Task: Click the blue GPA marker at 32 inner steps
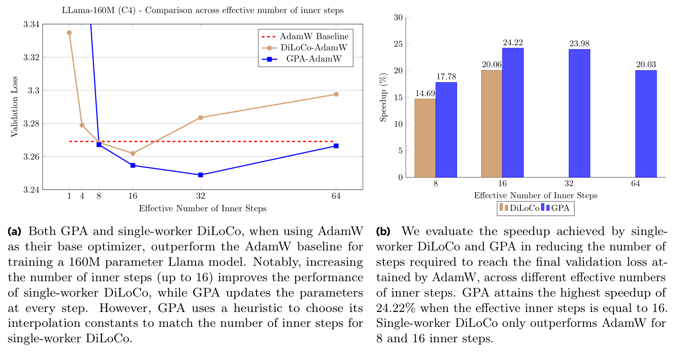click(x=201, y=175)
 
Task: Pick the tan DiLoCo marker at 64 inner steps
click(x=336, y=94)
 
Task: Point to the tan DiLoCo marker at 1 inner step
click(x=69, y=33)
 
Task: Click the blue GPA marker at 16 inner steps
click(x=132, y=165)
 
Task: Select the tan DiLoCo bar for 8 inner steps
click(x=425, y=138)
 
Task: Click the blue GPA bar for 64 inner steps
click(x=646, y=124)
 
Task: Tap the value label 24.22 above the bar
click(x=513, y=43)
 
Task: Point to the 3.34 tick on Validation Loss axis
click(x=31, y=24)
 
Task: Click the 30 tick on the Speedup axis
click(x=397, y=18)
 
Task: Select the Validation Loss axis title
click(x=14, y=107)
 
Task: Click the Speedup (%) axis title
click(x=383, y=97)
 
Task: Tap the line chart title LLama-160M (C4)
click(x=202, y=11)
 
